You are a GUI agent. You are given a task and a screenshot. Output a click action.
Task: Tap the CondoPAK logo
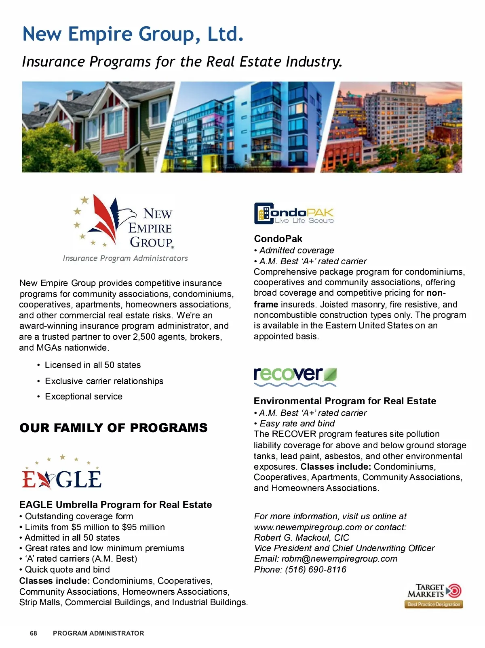click(294, 213)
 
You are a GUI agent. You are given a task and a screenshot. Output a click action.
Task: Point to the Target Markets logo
click(434, 595)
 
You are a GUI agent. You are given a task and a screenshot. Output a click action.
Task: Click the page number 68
click(34, 633)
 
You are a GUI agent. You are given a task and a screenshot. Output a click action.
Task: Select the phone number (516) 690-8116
click(316, 569)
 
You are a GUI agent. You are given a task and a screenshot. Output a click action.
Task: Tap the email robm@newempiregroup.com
click(339, 559)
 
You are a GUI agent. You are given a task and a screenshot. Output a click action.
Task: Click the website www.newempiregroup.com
click(308, 527)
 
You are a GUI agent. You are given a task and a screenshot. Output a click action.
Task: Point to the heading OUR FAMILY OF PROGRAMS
click(114, 428)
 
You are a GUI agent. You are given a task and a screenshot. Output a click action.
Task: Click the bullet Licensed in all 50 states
click(93, 365)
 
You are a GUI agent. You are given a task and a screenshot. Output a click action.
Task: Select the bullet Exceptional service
click(84, 396)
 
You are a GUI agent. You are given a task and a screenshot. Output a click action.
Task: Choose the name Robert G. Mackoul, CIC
click(302, 537)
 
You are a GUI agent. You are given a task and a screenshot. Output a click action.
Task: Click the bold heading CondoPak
click(278, 238)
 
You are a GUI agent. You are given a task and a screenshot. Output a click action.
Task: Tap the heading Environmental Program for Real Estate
click(345, 401)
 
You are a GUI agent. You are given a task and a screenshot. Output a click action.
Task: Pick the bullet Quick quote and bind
click(67, 569)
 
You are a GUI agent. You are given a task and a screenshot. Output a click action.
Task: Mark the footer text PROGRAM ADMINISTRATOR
click(98, 633)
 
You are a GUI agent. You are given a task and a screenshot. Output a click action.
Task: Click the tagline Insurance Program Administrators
click(125, 258)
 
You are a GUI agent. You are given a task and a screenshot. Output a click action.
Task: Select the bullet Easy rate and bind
click(297, 423)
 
